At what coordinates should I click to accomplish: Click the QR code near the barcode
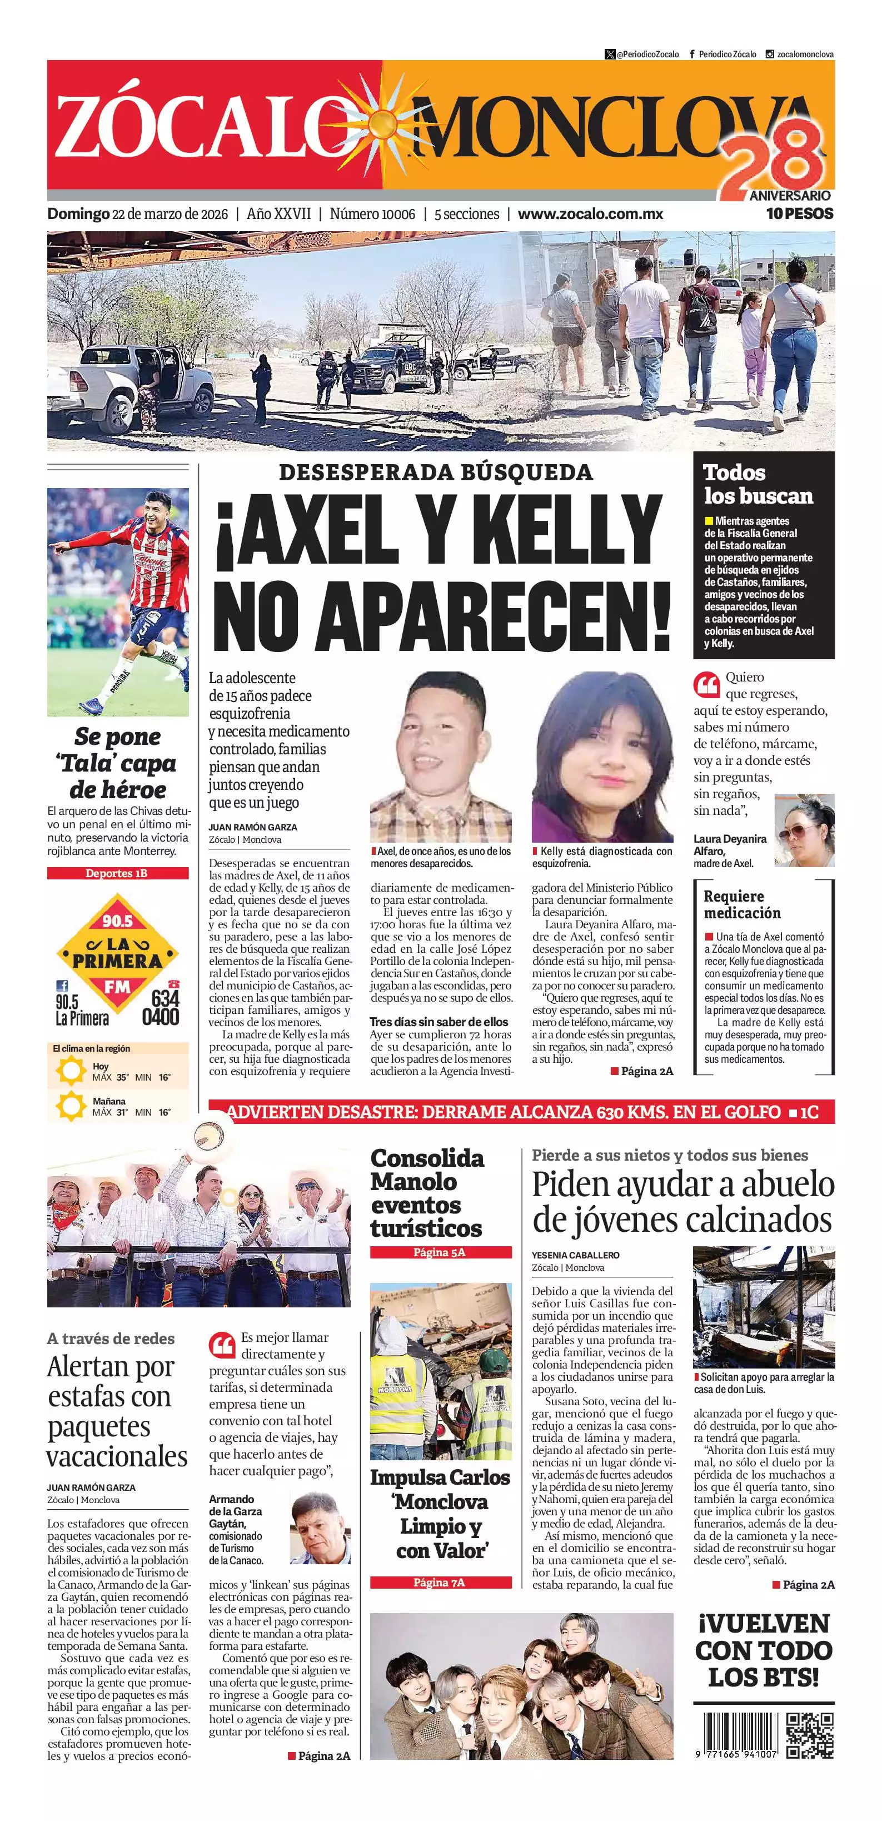pos(811,1735)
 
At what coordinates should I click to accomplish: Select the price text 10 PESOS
pos(799,213)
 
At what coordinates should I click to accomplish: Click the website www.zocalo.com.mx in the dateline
pos(590,214)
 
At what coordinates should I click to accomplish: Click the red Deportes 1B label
pos(117,873)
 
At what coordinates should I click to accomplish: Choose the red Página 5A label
pos(440,1252)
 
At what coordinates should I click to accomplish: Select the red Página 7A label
pos(440,1582)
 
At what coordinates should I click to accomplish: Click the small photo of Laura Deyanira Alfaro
pos(804,830)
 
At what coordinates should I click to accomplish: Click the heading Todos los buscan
pos(758,484)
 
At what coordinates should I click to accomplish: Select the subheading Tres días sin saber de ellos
pos(439,1022)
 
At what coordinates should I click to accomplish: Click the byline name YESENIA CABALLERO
pos(575,1255)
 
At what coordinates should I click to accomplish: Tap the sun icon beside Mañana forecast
pos(71,1106)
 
